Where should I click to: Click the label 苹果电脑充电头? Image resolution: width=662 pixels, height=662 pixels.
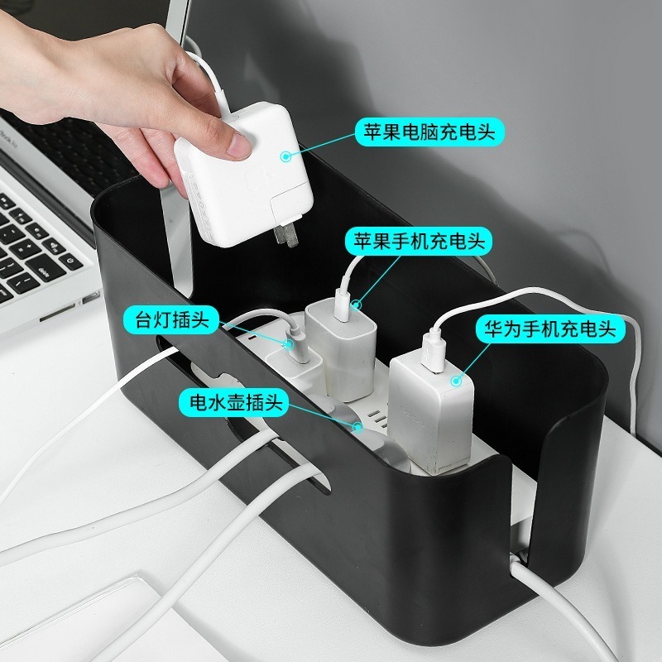click(x=429, y=132)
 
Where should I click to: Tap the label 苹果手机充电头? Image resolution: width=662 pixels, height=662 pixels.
click(x=419, y=241)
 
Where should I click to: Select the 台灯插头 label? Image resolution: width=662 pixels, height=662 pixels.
click(x=172, y=320)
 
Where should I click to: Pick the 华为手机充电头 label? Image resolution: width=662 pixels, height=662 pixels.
click(x=549, y=329)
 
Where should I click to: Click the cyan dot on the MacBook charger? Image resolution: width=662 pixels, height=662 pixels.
click(x=285, y=156)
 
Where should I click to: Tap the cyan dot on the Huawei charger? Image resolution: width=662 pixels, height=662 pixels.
click(x=456, y=381)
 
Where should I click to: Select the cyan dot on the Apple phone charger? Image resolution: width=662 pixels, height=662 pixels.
click(x=357, y=305)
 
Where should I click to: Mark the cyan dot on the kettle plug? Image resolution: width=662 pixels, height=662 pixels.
click(x=358, y=427)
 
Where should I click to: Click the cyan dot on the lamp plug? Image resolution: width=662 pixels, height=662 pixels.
click(x=289, y=344)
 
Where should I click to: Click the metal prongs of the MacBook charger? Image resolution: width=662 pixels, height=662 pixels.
click(x=285, y=235)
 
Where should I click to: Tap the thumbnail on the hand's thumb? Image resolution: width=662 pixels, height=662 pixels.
click(x=239, y=144)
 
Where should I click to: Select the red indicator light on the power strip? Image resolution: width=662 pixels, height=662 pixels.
click(x=251, y=339)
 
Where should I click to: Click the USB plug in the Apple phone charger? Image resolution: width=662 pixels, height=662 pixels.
click(x=342, y=305)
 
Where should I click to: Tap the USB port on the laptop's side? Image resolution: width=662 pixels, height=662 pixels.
click(x=90, y=298)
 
